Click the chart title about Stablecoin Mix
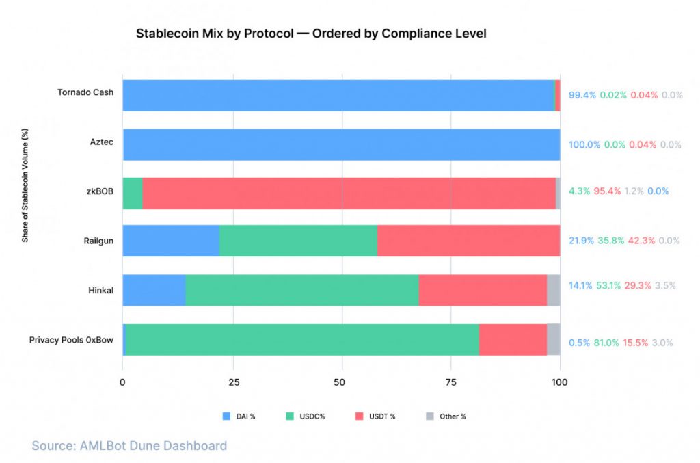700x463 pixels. coord(311,34)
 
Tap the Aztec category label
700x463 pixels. coord(101,142)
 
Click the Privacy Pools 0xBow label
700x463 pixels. coord(71,339)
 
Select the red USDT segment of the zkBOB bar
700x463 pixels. coord(349,193)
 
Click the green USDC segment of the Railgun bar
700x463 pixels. coord(298,241)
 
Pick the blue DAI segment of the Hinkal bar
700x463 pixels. coord(154,290)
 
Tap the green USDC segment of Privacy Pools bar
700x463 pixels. coord(301,340)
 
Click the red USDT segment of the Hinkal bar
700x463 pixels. coord(483,290)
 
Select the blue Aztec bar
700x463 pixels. coord(341,144)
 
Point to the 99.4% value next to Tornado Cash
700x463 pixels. coord(582,96)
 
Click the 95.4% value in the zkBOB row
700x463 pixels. coord(608,191)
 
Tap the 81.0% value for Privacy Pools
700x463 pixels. coord(604,343)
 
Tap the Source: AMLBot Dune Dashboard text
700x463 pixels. coord(129,446)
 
